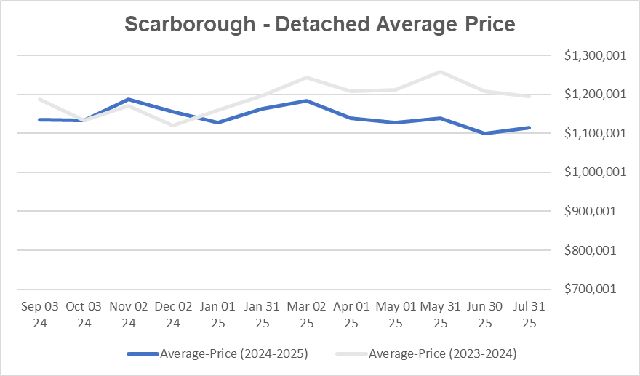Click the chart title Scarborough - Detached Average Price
(x=319, y=24)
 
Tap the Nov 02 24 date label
(x=129, y=314)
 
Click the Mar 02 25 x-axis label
(x=306, y=314)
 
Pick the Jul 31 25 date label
(x=529, y=314)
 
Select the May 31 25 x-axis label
(x=440, y=314)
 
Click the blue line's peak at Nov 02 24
(x=129, y=99)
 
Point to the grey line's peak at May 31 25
(x=440, y=71)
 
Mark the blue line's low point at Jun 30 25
(x=484, y=133)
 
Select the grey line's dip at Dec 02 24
(x=173, y=125)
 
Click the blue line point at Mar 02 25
(x=306, y=100)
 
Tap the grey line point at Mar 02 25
(x=306, y=77)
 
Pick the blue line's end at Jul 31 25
(x=529, y=127)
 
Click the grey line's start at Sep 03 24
(x=39, y=99)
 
